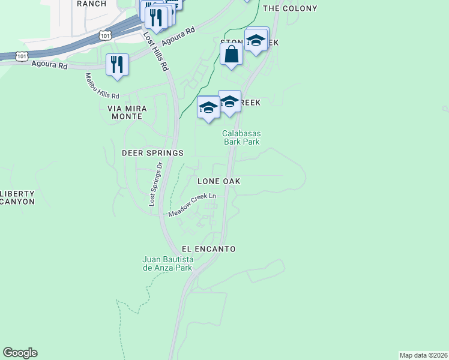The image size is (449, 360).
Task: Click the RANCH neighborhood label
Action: [x=92, y=4]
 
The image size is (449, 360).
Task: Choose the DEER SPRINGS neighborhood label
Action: [x=152, y=153]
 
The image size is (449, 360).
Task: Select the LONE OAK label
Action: [x=218, y=181]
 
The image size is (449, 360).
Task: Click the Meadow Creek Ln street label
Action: [x=192, y=205]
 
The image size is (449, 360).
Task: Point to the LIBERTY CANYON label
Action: [x=17, y=197]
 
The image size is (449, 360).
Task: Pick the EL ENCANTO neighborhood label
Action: [x=208, y=248]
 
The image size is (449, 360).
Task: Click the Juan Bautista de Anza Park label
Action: [x=167, y=263]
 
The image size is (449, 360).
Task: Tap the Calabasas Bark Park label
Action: [x=241, y=138]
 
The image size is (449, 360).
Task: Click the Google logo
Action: [x=20, y=353]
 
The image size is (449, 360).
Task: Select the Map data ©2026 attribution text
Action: [x=423, y=355]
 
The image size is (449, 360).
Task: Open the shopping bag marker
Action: [x=231, y=55]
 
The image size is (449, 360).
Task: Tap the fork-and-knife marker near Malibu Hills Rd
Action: [x=117, y=65]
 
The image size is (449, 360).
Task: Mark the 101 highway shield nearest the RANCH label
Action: [x=104, y=37]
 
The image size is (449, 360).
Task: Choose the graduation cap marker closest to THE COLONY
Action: [x=256, y=41]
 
